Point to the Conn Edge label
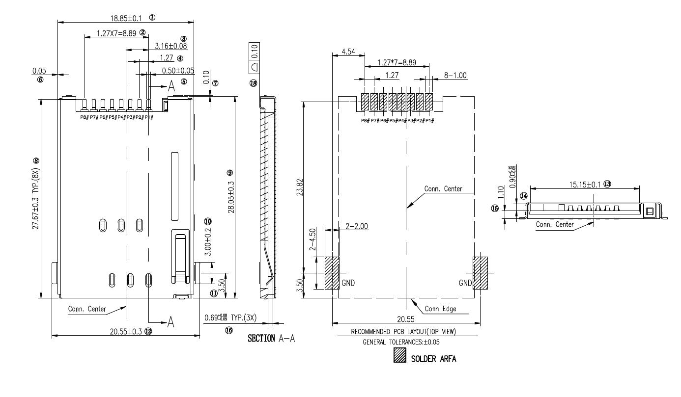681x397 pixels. (440, 309)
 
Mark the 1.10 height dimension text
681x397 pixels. (501, 190)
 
